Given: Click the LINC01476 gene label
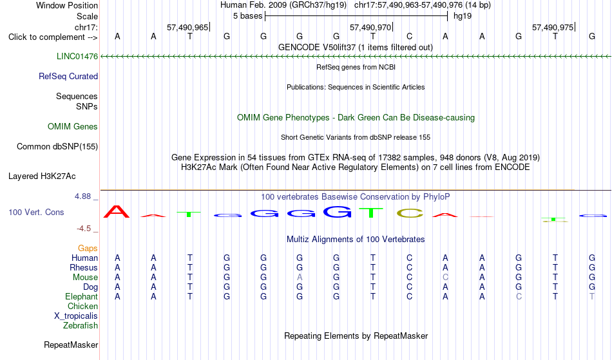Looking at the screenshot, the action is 77,56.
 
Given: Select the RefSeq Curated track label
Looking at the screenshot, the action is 68,76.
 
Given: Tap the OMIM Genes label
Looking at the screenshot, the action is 73,126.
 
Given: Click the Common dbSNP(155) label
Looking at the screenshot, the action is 57,146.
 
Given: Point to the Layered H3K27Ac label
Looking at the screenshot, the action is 42,176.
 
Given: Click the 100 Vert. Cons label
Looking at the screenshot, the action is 36,212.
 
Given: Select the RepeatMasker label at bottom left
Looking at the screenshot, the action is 71,345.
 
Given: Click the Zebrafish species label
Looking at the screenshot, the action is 81,325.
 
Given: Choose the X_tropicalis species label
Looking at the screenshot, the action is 76,316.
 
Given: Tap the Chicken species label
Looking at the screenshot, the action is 82,306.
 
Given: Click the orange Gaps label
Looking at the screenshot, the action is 88,249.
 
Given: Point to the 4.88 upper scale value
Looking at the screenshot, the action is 82,196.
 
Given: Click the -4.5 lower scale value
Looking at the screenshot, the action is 84,229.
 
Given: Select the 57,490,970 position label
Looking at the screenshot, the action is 370,27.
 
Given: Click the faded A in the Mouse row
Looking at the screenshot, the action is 300,278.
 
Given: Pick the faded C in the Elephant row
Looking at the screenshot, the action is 519,297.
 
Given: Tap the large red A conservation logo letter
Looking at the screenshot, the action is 117,212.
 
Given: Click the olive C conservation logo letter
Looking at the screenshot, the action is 410,213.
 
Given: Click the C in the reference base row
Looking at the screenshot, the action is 410,36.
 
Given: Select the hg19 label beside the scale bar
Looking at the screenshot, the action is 463,16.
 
